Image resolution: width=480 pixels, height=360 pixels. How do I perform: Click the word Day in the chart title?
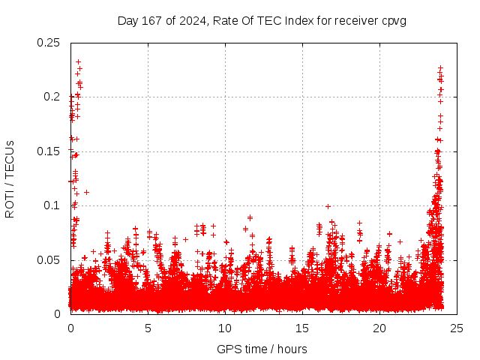point(127,20)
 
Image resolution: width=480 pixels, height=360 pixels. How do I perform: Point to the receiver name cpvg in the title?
point(394,20)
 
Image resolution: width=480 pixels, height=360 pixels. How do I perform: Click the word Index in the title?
point(294,20)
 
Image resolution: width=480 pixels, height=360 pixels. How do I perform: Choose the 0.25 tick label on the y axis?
point(49,43)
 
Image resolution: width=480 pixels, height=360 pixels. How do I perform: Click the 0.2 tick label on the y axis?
point(52,97)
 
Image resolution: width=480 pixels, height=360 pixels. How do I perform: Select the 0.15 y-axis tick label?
point(49,151)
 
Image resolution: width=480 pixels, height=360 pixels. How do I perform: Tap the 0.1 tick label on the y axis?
point(52,205)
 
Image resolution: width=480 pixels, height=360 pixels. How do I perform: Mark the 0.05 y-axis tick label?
point(49,260)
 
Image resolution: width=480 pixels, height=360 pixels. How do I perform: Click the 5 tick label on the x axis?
point(148,328)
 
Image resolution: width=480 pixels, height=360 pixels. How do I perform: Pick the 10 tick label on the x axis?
point(225,328)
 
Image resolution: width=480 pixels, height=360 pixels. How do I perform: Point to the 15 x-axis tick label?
point(302,328)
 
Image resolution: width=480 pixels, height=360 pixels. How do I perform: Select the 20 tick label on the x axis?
point(379,328)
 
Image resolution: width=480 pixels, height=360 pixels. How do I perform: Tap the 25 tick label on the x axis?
point(457,328)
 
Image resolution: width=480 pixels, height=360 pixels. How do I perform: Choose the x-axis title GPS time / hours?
point(262,349)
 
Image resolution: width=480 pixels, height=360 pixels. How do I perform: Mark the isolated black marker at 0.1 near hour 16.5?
point(328,206)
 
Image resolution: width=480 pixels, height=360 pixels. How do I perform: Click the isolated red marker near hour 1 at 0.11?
point(86,192)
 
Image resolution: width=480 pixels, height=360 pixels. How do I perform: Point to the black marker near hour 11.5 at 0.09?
point(250,217)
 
